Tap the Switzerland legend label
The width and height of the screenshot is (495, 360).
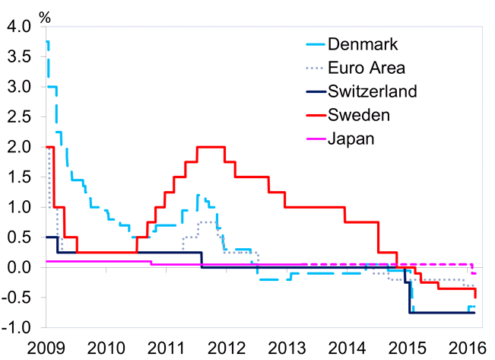click(373, 91)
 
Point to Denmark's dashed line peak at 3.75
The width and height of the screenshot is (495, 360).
click(49, 42)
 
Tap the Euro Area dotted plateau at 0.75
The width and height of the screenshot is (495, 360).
click(207, 222)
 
